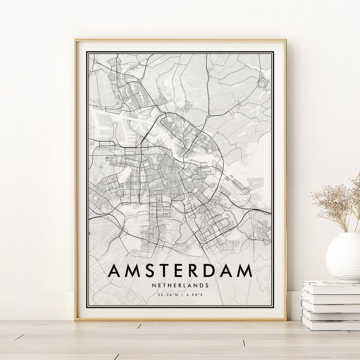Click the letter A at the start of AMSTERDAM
(x=115, y=270)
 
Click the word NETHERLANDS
(x=180, y=285)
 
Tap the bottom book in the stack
(x=330, y=327)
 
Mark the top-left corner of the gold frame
(x=75, y=40)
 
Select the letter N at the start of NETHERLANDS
(x=153, y=285)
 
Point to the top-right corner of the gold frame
(x=285, y=40)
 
